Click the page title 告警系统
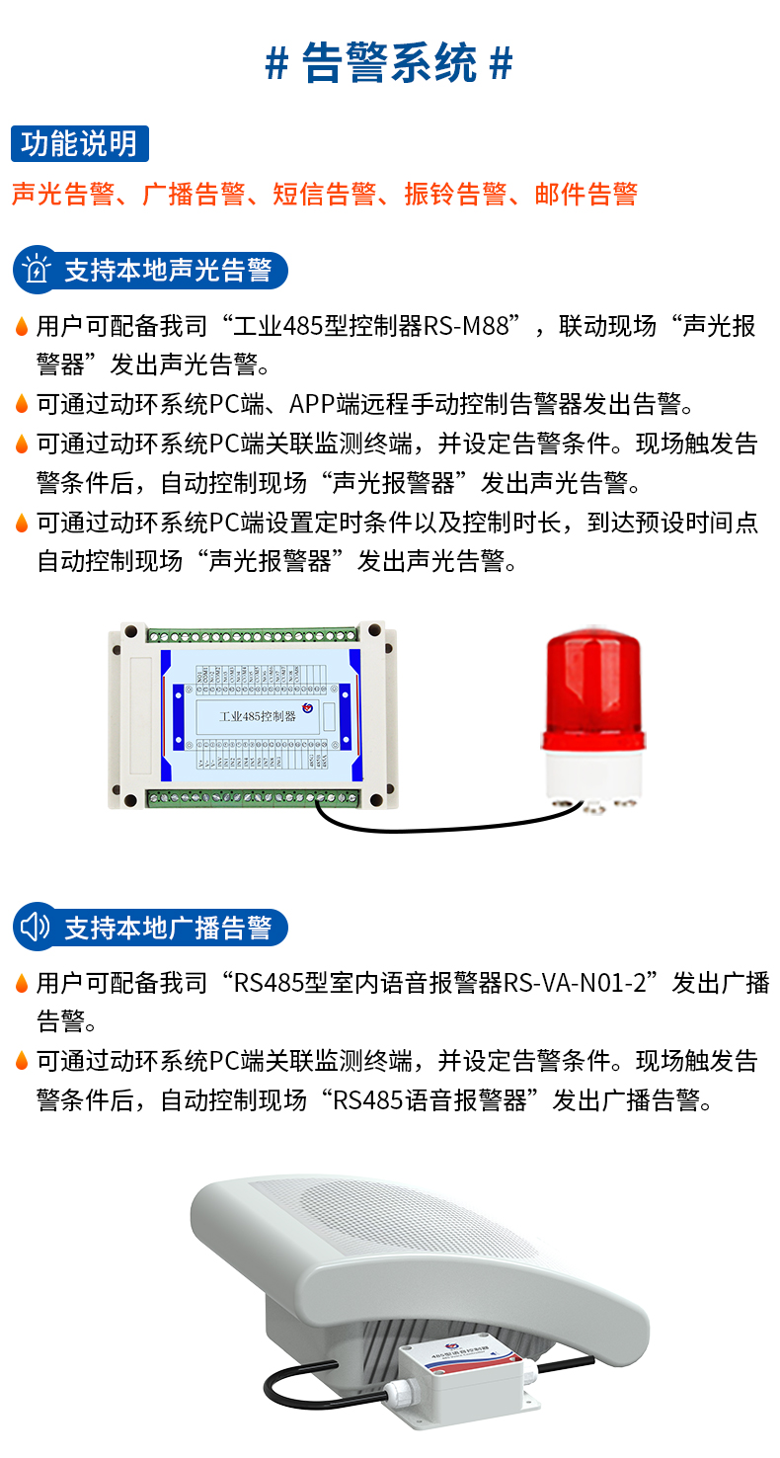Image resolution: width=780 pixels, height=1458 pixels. [389, 63]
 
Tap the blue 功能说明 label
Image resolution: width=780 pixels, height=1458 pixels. [79, 144]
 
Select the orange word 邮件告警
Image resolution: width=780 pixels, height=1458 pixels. [586, 194]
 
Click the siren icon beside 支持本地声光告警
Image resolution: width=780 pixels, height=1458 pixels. [37, 270]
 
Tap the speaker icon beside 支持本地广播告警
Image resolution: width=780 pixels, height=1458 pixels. [36, 927]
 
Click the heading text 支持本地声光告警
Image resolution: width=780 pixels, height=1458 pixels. [168, 270]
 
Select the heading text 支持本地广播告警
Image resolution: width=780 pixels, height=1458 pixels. [168, 928]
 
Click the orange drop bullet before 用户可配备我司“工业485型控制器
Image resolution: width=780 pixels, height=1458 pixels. [22, 327]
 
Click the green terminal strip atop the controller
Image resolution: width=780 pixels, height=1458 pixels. [252, 632]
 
